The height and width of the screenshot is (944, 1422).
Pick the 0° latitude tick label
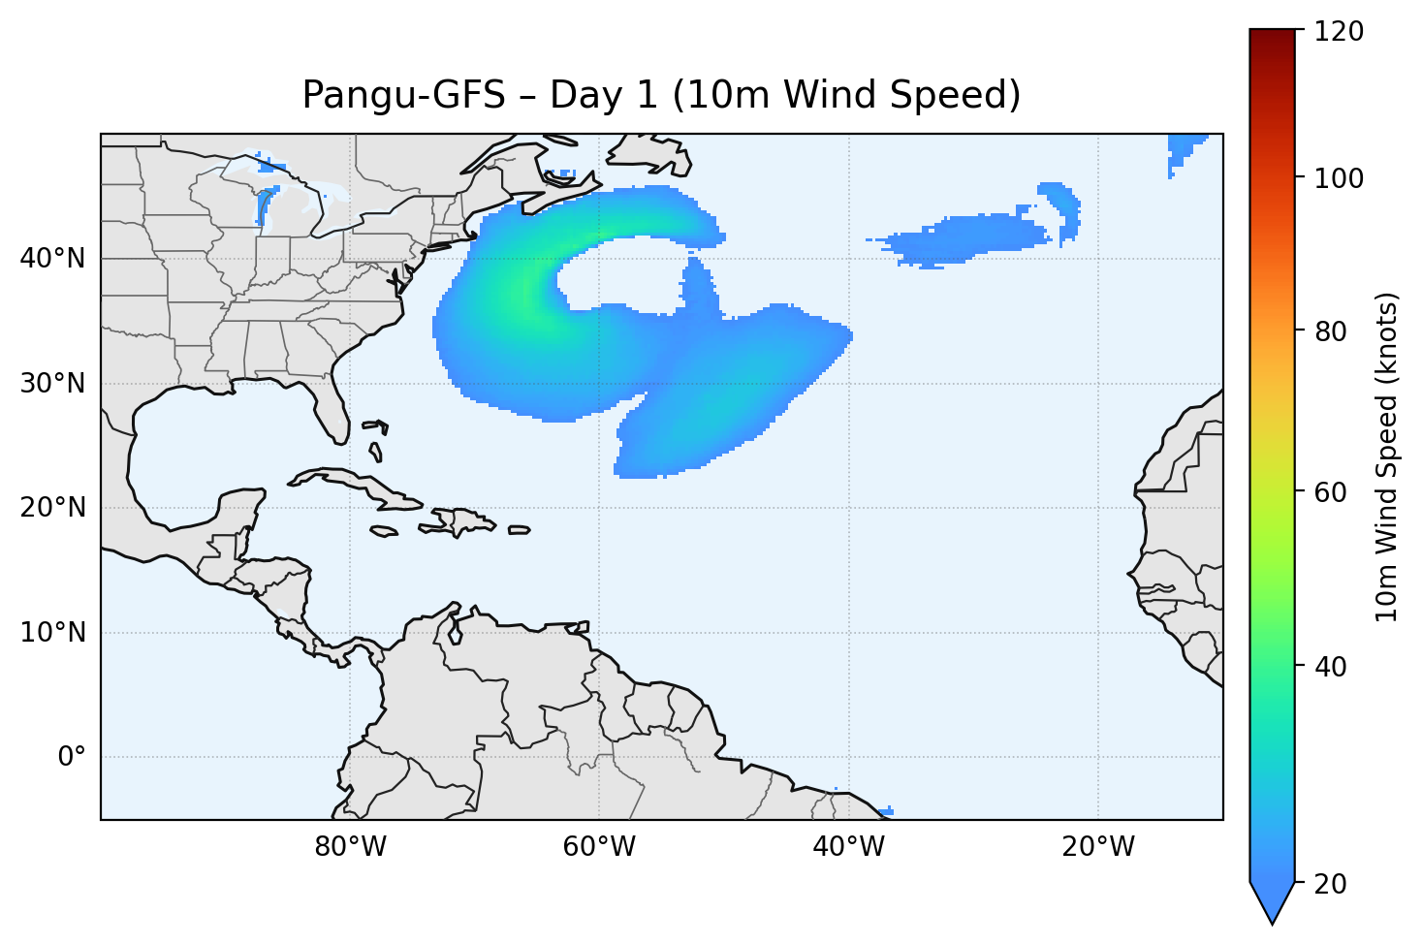pos(72,757)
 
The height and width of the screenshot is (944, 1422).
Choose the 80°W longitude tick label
pos(350,847)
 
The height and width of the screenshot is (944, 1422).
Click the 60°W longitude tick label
pos(599,847)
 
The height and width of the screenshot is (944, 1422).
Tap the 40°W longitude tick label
pos(849,847)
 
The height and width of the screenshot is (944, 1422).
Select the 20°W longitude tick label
pos(1098,847)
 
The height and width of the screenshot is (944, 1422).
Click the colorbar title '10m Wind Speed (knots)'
pos(1387,457)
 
